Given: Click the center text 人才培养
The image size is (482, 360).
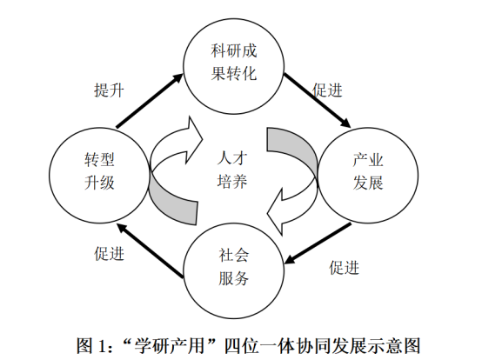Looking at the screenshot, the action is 232,170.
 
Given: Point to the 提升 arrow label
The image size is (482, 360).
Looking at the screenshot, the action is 109,90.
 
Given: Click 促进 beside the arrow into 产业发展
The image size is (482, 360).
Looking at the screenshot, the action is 327,90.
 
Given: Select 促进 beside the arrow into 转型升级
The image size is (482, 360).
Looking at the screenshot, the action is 109,254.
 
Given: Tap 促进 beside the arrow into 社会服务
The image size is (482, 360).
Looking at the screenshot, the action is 345,268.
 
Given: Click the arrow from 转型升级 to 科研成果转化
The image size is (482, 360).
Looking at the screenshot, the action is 150,101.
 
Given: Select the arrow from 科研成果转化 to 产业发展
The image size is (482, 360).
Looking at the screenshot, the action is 317,100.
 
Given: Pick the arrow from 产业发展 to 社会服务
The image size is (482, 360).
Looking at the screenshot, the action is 318,243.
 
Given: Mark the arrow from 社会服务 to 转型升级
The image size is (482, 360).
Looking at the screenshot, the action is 151,250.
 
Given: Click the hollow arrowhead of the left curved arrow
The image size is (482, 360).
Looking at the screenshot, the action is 193,140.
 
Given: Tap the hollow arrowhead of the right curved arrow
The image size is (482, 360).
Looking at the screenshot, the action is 275,212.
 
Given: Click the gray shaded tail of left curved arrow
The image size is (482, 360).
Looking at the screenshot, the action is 174,203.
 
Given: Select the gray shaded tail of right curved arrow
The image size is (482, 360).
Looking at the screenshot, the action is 292,148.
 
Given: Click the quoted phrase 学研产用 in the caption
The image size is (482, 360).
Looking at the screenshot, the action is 170,346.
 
